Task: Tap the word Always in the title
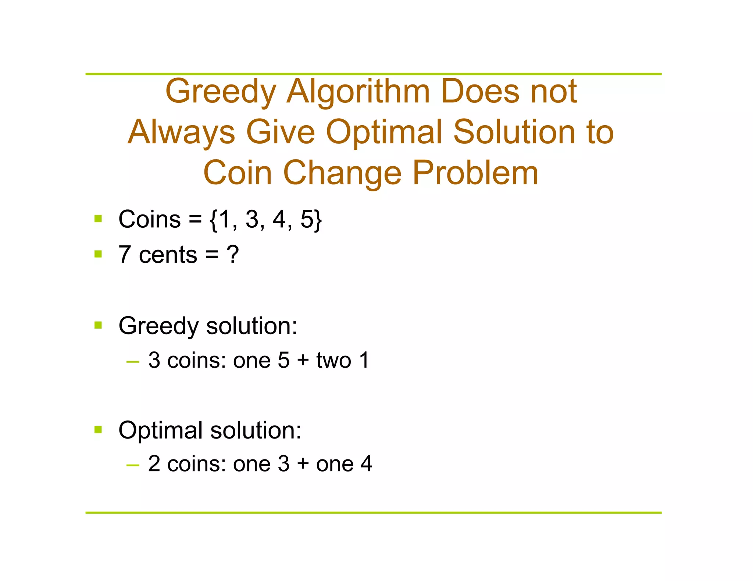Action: [x=181, y=133]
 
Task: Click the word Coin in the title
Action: [x=238, y=173]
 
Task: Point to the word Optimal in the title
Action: [x=384, y=133]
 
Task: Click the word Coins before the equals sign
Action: [x=149, y=219]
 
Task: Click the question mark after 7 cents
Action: [x=233, y=255]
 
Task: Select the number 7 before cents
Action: [x=125, y=255]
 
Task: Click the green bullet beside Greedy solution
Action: [x=98, y=325]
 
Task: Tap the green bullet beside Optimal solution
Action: [x=98, y=429]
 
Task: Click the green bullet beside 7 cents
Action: [x=98, y=254]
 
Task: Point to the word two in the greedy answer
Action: [x=333, y=360]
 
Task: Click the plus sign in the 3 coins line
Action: [x=303, y=360]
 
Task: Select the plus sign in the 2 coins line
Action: [x=303, y=464]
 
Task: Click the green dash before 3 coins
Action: [x=132, y=362]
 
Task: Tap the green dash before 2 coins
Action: [x=132, y=466]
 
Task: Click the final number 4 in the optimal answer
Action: [x=366, y=464]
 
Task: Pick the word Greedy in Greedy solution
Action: [x=158, y=326]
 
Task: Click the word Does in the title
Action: [x=480, y=92]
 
